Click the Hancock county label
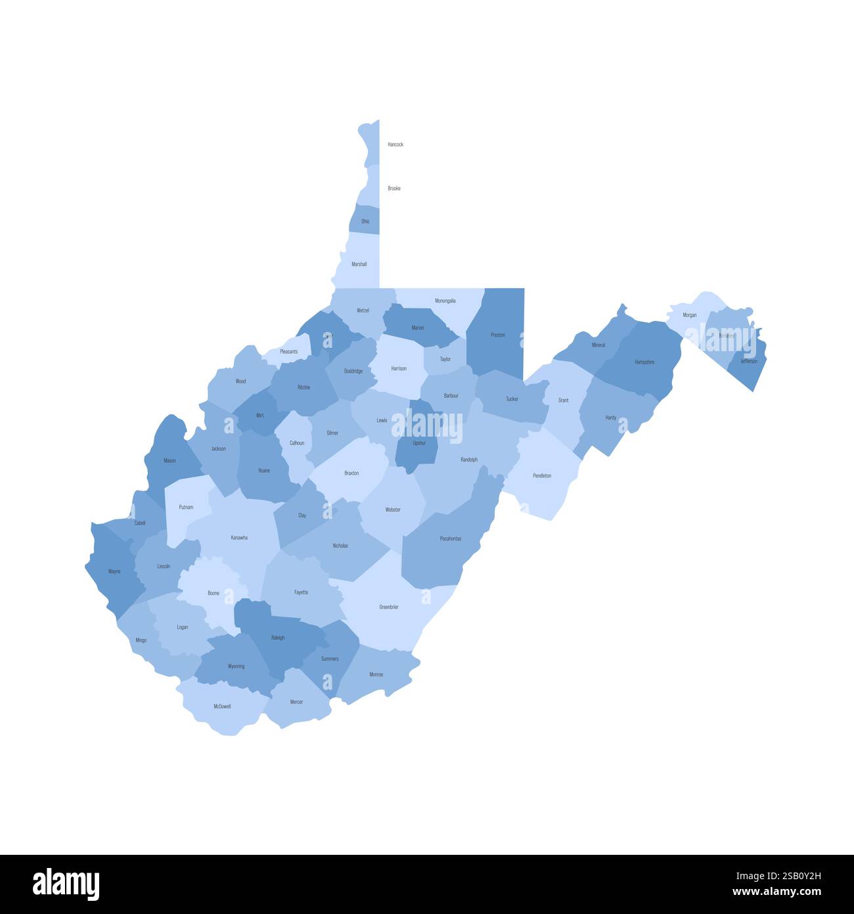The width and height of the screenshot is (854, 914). (x=395, y=144)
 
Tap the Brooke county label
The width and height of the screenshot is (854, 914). (x=394, y=189)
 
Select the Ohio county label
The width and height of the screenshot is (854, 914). (x=365, y=222)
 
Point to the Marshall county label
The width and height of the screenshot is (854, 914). (x=359, y=264)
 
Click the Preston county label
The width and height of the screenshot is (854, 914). (x=498, y=335)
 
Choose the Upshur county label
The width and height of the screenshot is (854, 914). (x=419, y=443)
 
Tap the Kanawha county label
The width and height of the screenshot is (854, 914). (x=239, y=538)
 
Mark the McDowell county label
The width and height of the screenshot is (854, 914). (x=222, y=706)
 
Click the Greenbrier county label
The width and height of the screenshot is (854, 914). (x=389, y=607)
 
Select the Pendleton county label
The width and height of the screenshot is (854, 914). (x=542, y=475)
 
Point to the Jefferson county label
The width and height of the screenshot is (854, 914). (x=749, y=361)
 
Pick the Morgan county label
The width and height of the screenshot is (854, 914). (x=690, y=315)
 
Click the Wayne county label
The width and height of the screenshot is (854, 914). (x=114, y=571)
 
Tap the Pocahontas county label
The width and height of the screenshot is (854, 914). (x=451, y=539)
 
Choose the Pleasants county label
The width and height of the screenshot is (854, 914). (x=289, y=352)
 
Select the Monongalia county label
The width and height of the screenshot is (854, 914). (x=445, y=301)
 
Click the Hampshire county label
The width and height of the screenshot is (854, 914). (x=644, y=362)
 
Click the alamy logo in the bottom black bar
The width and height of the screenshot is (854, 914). (x=66, y=884)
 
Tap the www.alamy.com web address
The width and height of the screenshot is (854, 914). (x=777, y=892)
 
